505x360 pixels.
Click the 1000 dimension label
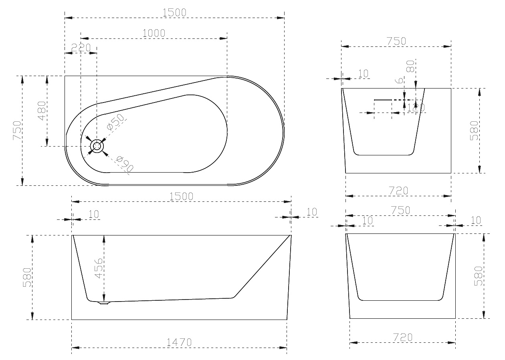154,33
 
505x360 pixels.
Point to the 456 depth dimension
99,268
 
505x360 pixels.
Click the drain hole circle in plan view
97,147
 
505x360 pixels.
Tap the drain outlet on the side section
104,303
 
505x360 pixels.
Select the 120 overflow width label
414,107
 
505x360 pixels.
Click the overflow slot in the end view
382,99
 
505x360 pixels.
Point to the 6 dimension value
399,80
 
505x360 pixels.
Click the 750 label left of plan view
17,131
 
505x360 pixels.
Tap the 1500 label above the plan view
174,12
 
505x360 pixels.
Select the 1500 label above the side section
181,196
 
